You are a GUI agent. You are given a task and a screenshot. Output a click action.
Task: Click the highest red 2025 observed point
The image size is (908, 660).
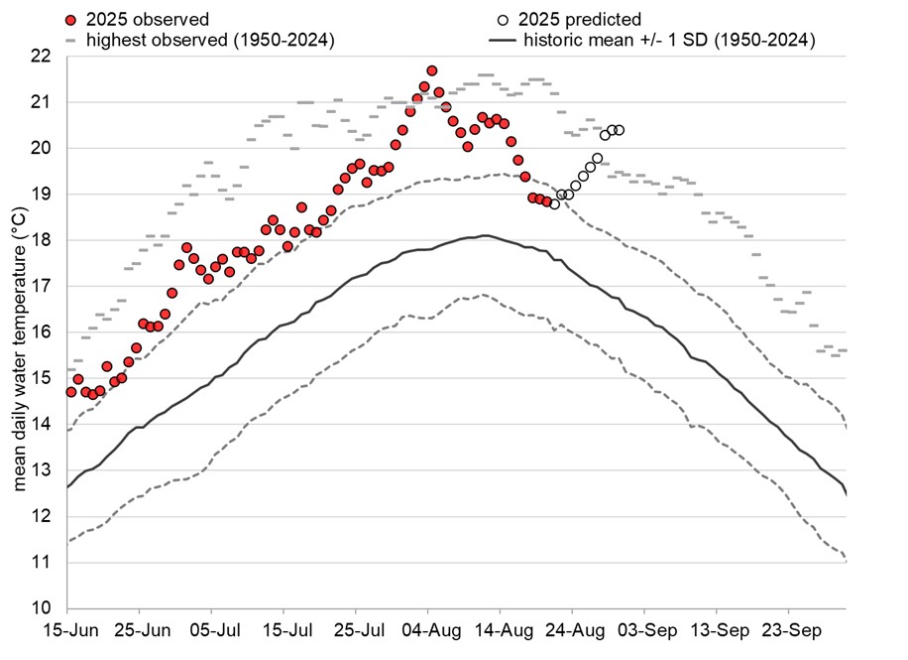432,70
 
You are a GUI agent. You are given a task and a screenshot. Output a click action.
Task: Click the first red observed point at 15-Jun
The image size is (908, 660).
70,392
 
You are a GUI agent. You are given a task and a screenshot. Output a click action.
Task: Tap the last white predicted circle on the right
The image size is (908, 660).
619,130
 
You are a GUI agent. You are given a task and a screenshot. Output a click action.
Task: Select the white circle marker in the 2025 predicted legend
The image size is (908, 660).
504,19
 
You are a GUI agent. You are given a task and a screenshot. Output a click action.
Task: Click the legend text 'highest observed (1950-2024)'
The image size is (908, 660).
209,41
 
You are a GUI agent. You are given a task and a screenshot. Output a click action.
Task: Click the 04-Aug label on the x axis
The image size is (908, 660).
428,629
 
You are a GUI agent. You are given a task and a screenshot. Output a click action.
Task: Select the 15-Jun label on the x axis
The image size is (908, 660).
67,629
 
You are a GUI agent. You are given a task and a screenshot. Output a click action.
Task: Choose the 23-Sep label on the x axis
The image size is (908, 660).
789,629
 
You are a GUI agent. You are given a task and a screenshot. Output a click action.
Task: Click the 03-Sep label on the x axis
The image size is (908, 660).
644,629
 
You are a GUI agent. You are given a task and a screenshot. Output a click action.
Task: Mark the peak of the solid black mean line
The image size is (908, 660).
485,235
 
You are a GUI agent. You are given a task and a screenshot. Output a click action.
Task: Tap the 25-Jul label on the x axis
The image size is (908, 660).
356,629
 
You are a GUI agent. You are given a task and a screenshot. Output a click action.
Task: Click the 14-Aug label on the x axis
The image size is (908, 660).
500,629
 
